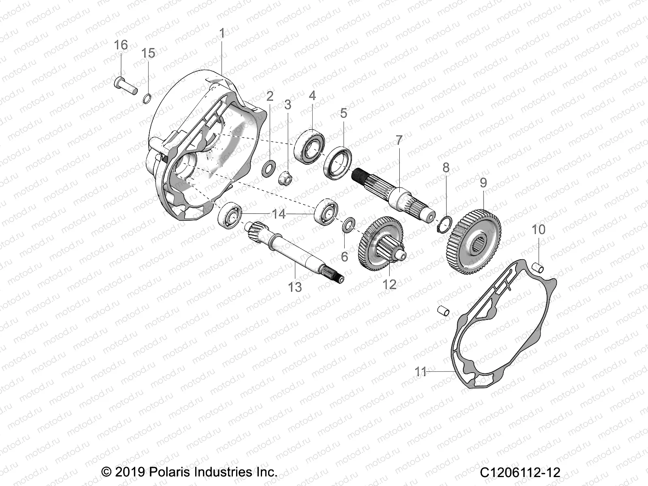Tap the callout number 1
[x=222, y=33]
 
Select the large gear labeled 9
[x=475, y=242]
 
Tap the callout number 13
[x=295, y=287]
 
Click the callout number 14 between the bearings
[x=279, y=214]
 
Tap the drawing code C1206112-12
[x=520, y=473]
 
